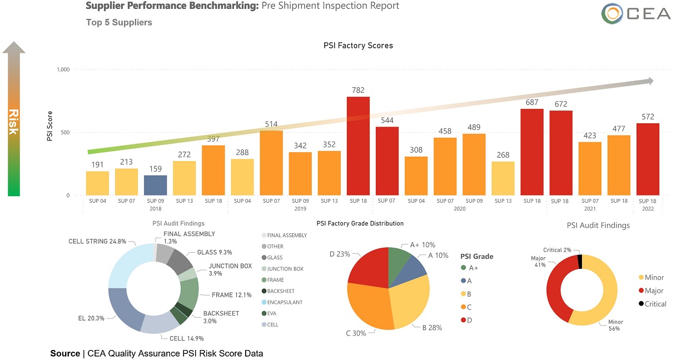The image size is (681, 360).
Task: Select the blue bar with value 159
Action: (156, 185)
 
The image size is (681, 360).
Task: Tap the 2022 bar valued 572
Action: (648, 159)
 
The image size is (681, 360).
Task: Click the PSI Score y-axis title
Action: (49, 132)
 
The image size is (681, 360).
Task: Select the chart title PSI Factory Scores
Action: (358, 46)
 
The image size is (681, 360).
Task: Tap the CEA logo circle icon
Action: (612, 14)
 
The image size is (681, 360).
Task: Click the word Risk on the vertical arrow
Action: (13, 122)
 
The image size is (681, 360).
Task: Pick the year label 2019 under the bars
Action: (300, 209)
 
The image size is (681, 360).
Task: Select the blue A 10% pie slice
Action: (414, 266)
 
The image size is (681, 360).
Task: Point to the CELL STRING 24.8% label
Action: (97, 242)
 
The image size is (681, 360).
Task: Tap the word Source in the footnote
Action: (65, 353)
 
